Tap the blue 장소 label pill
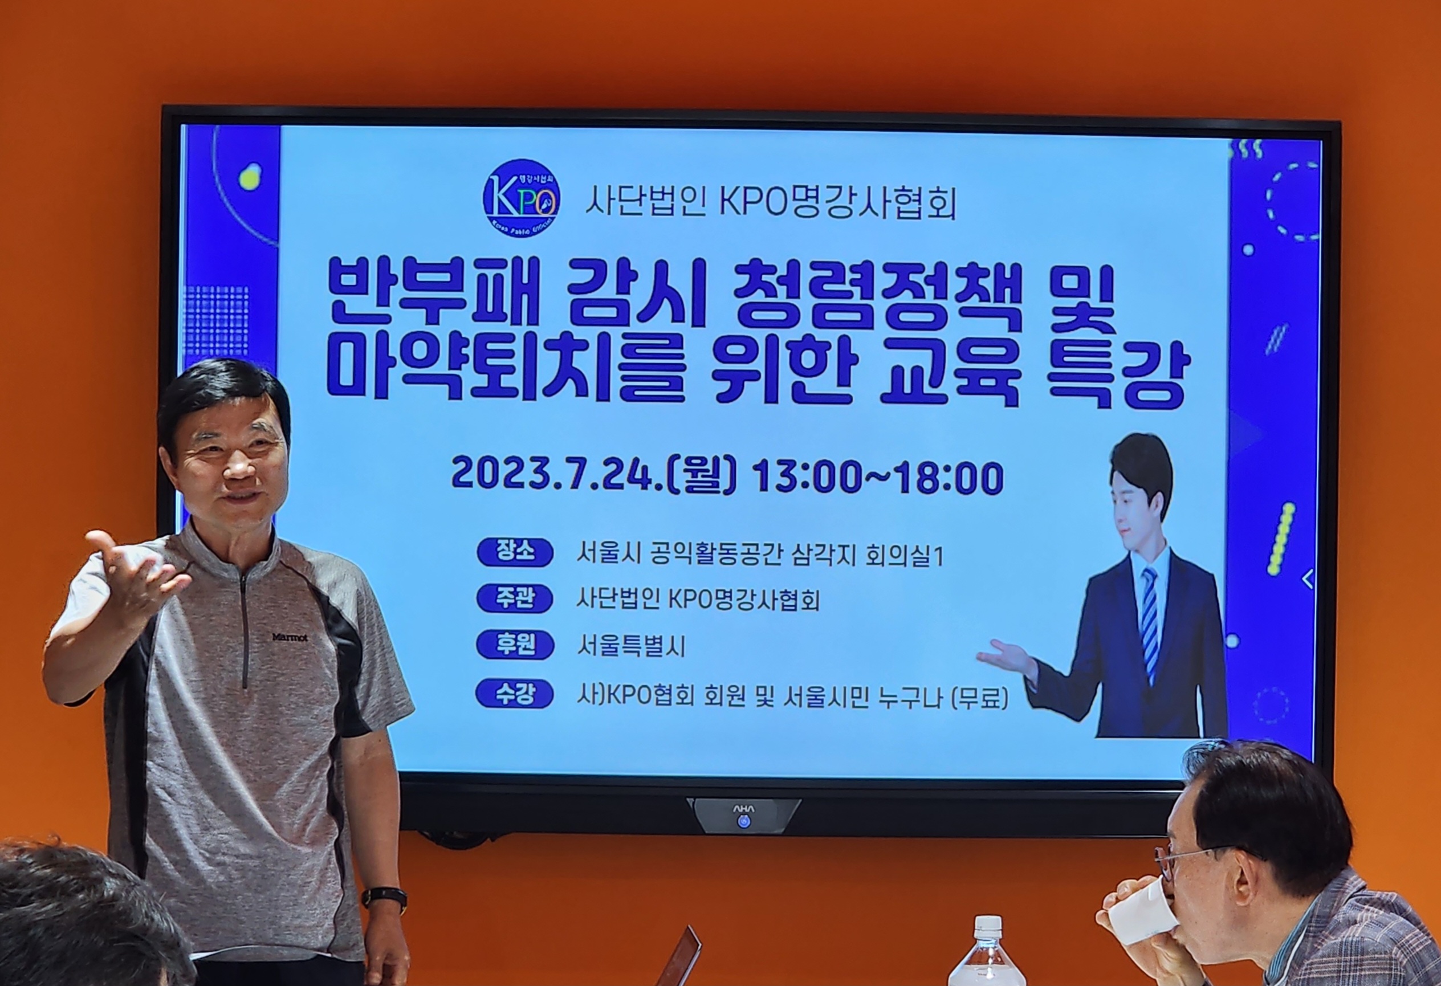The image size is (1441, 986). pos(515,552)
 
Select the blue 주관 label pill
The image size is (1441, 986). pos(515,599)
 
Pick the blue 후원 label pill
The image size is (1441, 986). pos(515,646)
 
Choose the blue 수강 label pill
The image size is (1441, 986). pos(515,694)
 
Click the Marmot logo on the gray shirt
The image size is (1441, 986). pos(290,637)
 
